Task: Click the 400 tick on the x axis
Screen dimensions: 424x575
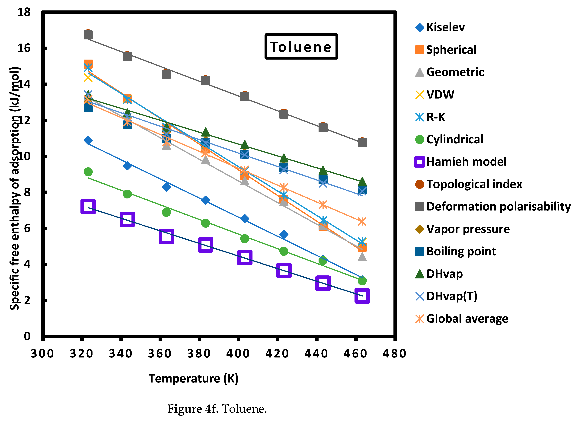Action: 238,353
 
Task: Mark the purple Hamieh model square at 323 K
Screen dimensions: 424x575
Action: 88,206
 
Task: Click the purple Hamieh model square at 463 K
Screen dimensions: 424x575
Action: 362,296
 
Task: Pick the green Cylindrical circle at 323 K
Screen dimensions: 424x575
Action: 88,172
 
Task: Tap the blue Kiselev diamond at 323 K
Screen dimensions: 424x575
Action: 88,140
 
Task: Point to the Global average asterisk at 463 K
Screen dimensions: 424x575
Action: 362,221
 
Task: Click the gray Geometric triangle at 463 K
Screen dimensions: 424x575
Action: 362,257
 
